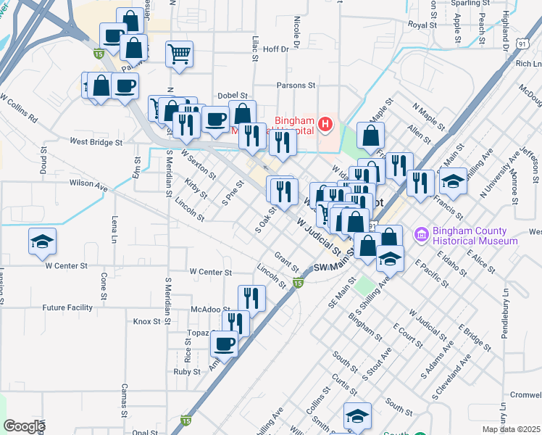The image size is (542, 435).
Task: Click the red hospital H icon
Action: pos(325,125)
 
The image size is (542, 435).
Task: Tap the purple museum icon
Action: pos(420,235)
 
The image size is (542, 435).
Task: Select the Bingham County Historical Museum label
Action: pos(474,236)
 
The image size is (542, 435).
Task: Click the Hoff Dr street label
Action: pos(275,49)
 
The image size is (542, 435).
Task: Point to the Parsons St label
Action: pos(296,85)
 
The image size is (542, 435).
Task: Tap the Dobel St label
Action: pos(233,95)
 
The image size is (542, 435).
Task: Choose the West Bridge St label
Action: pos(96,142)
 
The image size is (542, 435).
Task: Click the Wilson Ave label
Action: pos(88,185)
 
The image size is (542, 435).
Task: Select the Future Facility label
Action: pos(67,307)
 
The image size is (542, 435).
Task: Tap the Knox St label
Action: pos(146,320)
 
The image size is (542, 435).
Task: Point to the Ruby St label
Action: pos(186,371)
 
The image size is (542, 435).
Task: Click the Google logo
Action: pos(24,426)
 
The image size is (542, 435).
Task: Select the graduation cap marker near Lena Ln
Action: pos(42,241)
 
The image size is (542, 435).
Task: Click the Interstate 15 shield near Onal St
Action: pos(185,420)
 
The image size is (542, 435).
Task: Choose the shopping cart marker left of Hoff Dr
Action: pos(179,53)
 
